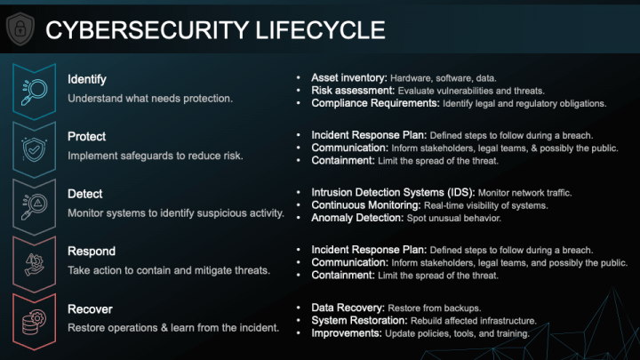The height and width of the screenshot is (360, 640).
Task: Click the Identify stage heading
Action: [87, 80]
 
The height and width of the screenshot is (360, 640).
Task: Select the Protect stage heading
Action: [86, 137]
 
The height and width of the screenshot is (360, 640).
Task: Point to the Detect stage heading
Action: [85, 194]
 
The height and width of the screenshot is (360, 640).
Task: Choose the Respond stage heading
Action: [92, 251]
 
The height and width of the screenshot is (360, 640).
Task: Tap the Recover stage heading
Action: [90, 308]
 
